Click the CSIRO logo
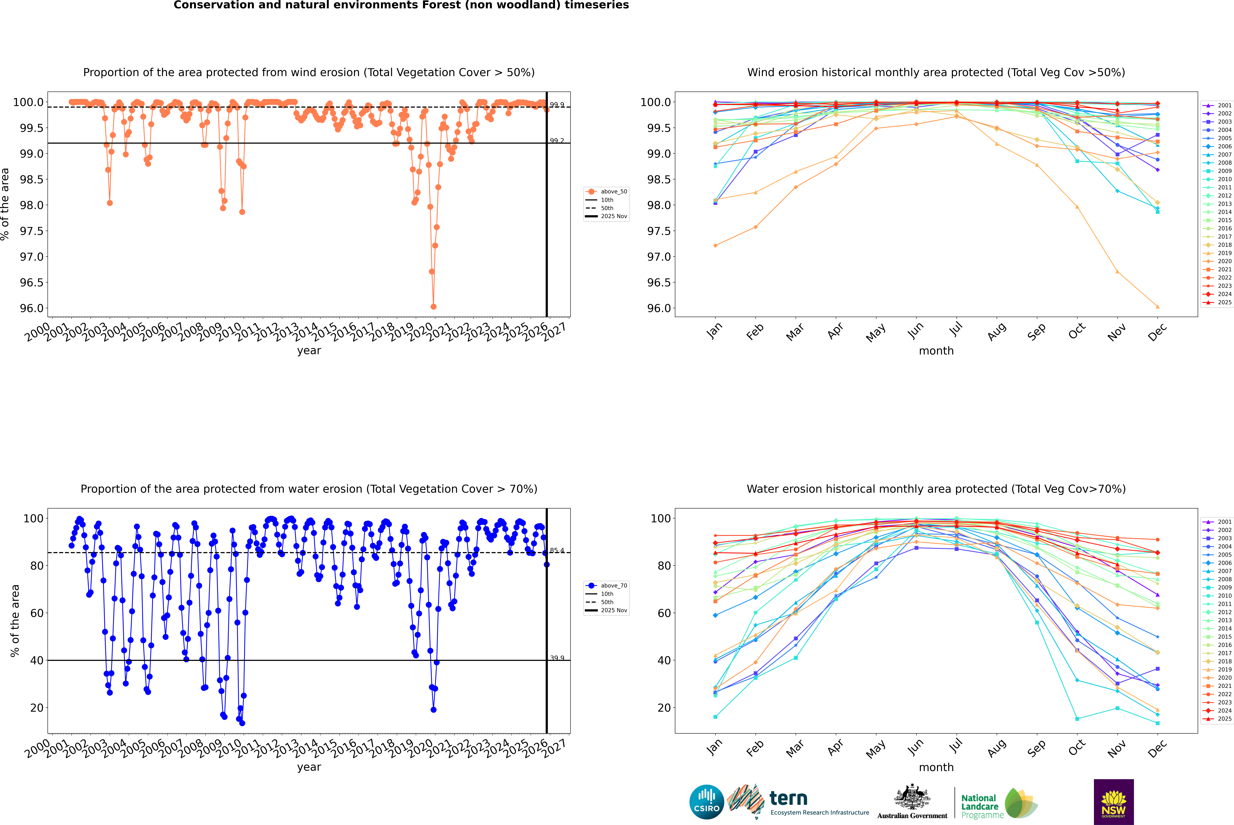click(706, 802)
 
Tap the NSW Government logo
click(1114, 802)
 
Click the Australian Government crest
click(912, 797)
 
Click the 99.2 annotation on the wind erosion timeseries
click(557, 141)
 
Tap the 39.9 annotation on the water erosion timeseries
click(557, 658)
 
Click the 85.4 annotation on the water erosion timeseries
click(557, 551)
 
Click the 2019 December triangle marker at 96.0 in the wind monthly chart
click(1157, 307)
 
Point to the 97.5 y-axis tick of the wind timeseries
click(32, 231)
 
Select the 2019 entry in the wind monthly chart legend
click(1224, 253)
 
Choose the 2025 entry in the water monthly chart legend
click(1224, 719)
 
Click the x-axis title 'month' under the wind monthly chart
click(936, 351)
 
